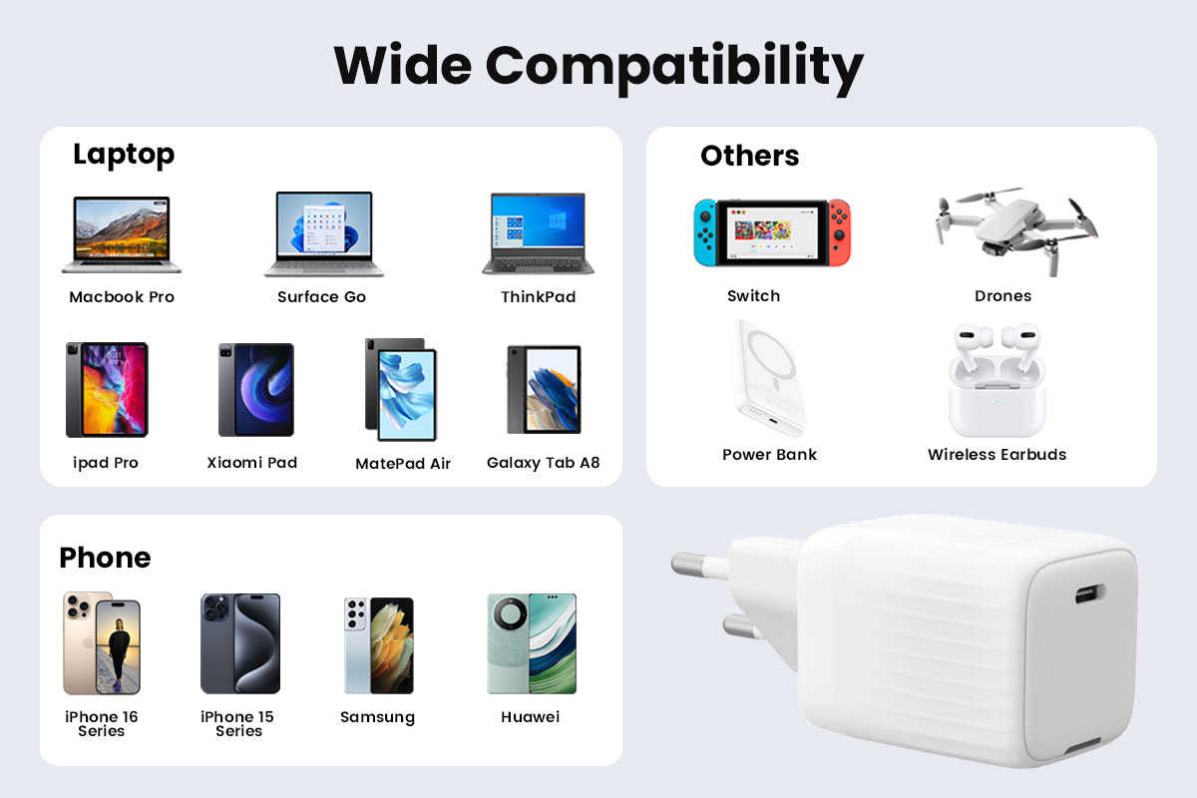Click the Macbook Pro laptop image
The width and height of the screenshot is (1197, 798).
coord(122,234)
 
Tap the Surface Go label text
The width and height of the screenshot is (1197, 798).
coord(321,296)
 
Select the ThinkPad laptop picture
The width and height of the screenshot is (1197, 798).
coord(538,233)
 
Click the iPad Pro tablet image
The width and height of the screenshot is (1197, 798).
coord(107,390)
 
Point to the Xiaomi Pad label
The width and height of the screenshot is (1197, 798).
coord(251,462)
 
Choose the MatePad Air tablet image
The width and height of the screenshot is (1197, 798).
coord(401,390)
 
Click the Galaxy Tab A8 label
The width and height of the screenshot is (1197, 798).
coord(543,463)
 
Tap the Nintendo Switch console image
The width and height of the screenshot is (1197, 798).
coord(772,233)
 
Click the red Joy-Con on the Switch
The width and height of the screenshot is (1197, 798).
coord(840,232)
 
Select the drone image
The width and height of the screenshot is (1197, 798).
coord(1015,230)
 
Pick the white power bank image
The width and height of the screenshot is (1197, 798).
coord(769,377)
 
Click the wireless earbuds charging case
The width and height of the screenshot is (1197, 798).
coord(997,397)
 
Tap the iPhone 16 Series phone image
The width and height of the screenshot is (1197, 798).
coord(102,643)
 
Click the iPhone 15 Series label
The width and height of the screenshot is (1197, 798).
coord(237,724)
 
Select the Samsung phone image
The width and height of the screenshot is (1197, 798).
coord(379,645)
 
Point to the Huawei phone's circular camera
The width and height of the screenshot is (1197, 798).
coord(509,613)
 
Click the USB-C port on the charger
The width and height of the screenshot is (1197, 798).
coord(1089,594)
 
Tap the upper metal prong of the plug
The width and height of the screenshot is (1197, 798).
coord(700,566)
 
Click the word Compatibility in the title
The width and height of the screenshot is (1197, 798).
coord(674,68)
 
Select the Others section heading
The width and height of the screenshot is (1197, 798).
coord(750,156)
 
